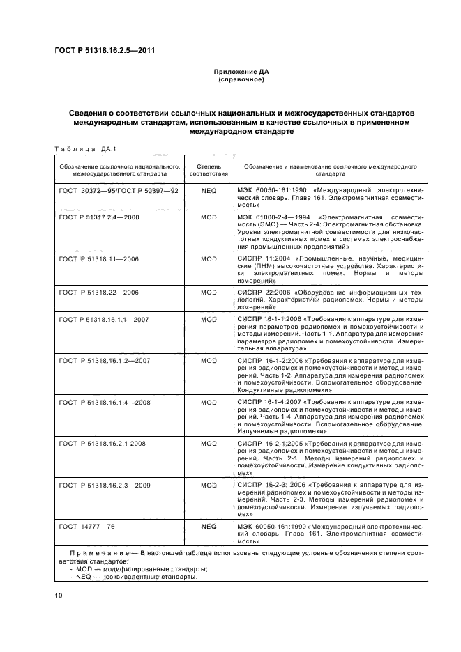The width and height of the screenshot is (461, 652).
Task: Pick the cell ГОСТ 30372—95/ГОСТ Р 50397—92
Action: click(119, 189)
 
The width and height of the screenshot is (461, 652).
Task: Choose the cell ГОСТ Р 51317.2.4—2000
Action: click(100, 217)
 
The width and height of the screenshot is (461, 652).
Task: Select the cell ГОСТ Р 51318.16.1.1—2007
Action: click(103, 320)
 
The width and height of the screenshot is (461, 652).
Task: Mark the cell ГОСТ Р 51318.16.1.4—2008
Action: click(103, 402)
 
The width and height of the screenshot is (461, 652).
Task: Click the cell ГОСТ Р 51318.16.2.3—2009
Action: click(103, 484)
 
